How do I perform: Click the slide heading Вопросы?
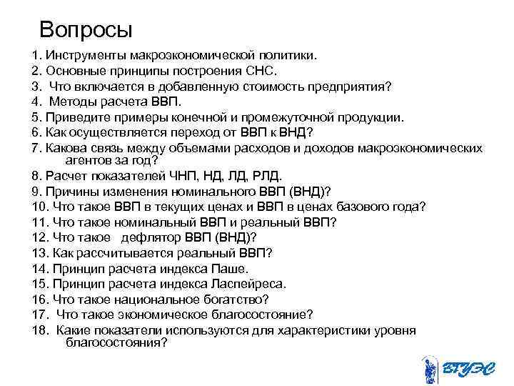click(x=86, y=29)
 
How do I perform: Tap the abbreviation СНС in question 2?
click(x=263, y=70)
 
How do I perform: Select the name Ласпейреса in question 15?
click(x=250, y=284)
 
